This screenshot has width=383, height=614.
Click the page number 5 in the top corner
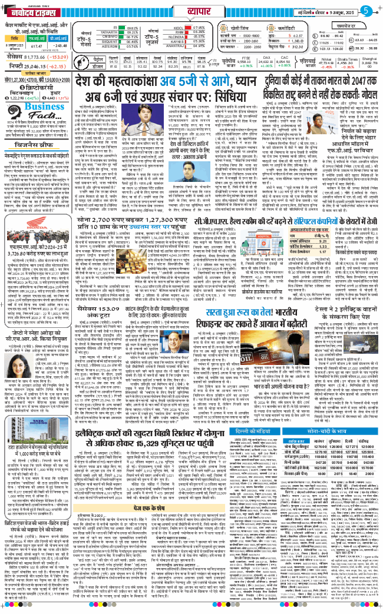click(x=366, y=10)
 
